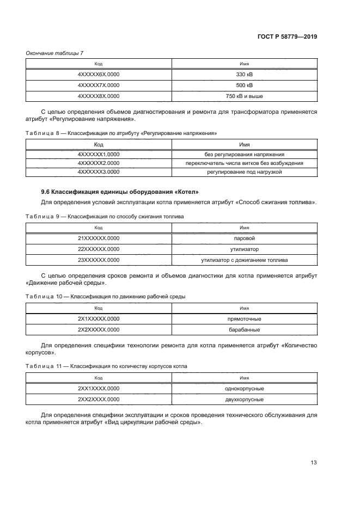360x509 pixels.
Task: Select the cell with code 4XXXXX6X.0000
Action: [99, 74]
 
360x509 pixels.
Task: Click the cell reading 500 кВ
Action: [245, 85]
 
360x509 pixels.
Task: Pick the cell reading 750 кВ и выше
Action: [245, 96]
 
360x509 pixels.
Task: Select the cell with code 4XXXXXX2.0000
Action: [99, 163]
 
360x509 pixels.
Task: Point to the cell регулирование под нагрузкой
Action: [245, 171]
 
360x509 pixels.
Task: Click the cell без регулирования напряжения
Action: [245, 154]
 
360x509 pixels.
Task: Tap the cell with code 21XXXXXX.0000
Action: [99, 238]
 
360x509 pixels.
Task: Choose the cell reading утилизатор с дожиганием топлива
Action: [245, 260]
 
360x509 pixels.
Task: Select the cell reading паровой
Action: [245, 238]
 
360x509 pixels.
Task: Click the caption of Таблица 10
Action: [106, 297]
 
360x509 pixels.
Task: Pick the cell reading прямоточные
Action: [245, 319]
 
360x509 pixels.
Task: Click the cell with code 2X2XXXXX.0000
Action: [99, 330]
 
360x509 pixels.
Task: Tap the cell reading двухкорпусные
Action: [245, 400]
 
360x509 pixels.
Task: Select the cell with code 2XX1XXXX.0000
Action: [99, 389]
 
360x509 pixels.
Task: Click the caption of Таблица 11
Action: [106, 366]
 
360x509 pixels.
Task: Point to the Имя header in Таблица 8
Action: [245, 144]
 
